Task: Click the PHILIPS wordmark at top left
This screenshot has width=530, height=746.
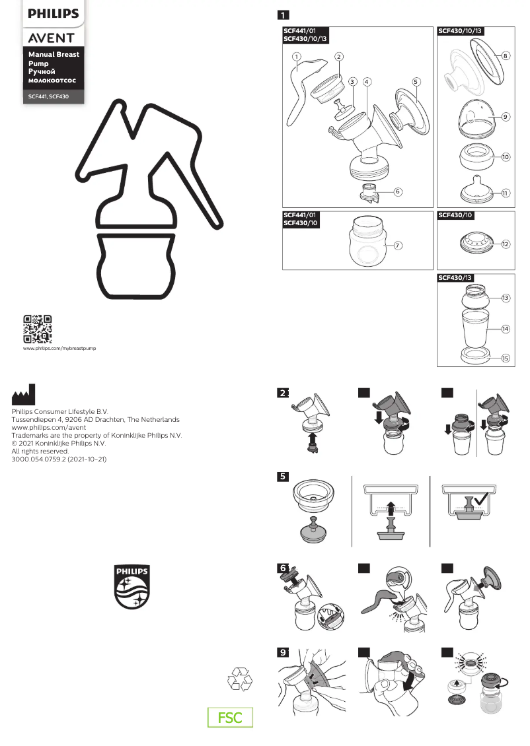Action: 53,13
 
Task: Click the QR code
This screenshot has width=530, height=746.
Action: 38,329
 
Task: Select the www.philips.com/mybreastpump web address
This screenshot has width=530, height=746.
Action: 59,348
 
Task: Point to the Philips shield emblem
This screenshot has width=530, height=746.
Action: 132,587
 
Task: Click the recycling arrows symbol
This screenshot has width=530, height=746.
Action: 239,679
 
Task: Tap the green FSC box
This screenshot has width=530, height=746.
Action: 231,718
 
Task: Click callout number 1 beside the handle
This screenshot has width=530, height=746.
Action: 297,57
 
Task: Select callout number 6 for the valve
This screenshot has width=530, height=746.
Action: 398,191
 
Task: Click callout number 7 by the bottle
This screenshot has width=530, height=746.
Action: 398,245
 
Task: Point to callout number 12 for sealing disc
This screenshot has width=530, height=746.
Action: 505,244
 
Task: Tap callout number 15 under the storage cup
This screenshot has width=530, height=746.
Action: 505,358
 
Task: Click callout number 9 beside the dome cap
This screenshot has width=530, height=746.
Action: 505,117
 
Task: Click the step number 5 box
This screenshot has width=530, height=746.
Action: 283,477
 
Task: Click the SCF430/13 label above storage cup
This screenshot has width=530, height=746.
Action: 456,278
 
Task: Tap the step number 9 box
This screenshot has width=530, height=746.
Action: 283,652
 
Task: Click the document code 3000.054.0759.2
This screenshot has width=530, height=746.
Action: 59,459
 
